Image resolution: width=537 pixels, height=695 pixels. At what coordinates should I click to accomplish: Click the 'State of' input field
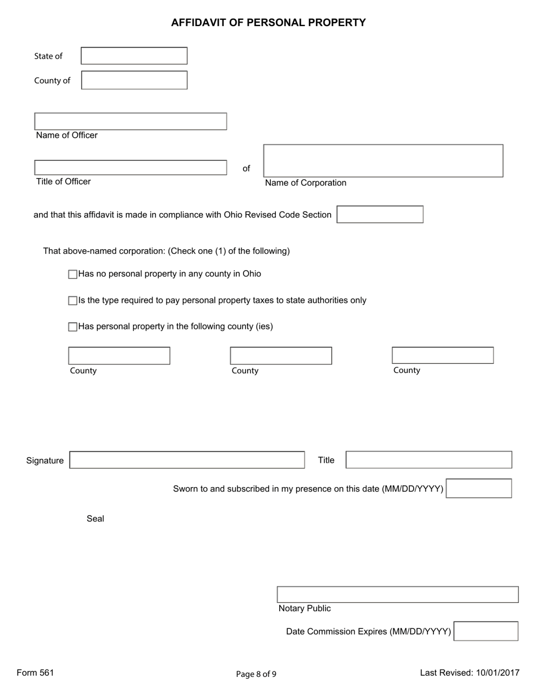coord(134,56)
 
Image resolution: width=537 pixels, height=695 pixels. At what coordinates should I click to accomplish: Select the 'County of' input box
coord(134,80)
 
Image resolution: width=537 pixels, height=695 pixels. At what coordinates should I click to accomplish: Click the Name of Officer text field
coord(131,121)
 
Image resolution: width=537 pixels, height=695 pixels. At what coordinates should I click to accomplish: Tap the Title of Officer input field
coord(131,168)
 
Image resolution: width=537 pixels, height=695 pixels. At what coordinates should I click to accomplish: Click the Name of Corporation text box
coord(383,161)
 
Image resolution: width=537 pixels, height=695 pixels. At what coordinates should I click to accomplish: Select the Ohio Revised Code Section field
coord(380,215)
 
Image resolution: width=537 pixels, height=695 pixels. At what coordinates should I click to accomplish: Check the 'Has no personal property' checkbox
coord(72,275)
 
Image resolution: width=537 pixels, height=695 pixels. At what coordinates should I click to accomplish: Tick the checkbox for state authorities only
coord(72,301)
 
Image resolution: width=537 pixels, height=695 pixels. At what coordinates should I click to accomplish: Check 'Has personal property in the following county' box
coord(72,327)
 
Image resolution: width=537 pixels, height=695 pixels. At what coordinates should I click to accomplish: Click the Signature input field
coord(187,460)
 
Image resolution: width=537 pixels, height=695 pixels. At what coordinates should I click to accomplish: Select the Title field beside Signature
coord(428,460)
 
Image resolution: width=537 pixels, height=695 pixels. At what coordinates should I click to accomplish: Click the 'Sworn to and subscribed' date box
coord(479,488)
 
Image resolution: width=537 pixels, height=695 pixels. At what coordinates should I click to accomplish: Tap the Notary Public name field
coord(397,595)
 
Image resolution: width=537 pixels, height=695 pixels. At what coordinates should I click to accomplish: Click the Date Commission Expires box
coord(486,631)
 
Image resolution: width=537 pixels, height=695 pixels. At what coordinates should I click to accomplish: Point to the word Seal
coord(95,519)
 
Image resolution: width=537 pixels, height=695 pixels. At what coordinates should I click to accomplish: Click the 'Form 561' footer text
coord(35,672)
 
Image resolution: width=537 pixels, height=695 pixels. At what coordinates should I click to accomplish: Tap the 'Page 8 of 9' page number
coord(256,674)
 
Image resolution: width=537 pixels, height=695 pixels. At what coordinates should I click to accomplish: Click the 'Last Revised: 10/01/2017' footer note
coord(469,672)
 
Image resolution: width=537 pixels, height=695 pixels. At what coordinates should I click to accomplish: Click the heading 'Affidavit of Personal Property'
coord(268,23)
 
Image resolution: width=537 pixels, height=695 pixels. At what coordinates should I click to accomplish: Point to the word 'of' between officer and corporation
coord(246,168)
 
